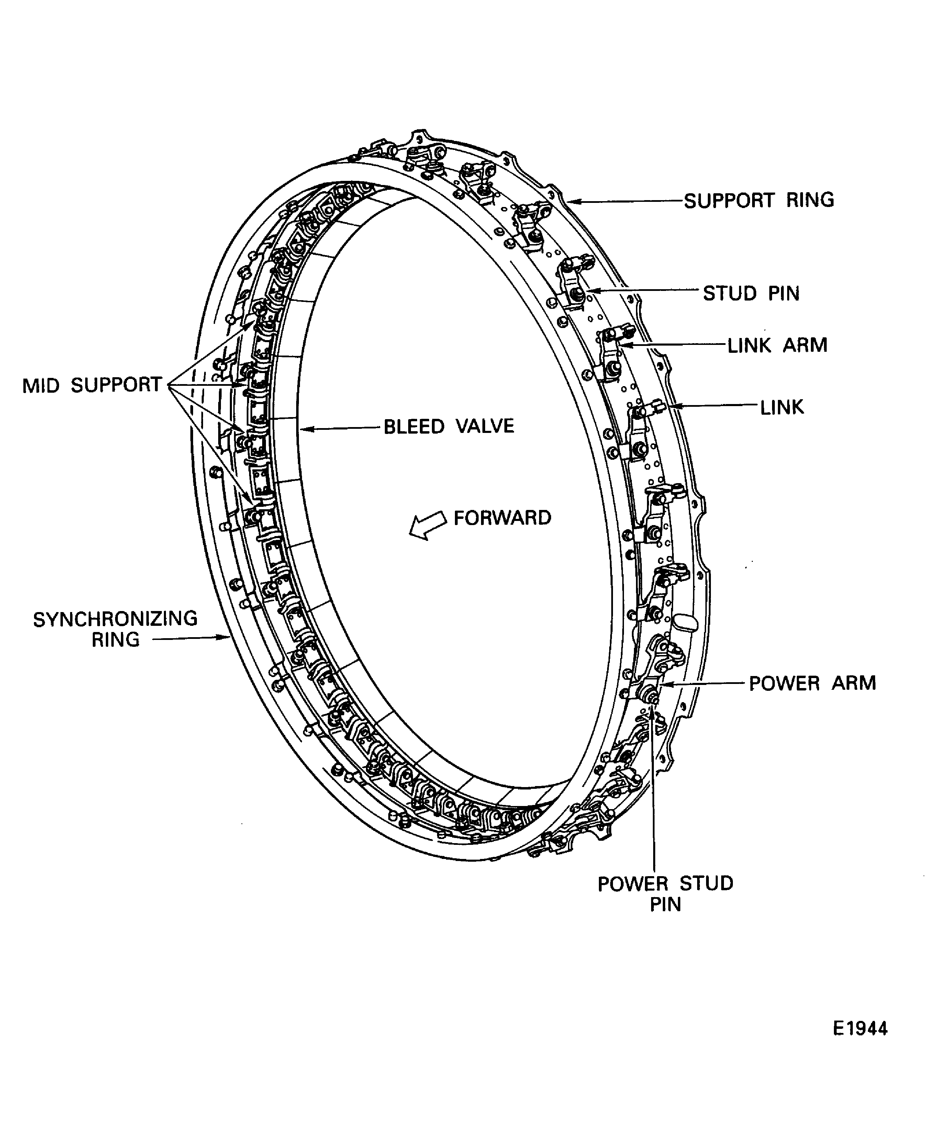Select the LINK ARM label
click(x=777, y=345)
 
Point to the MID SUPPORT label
click(x=92, y=385)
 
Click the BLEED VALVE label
click(x=448, y=426)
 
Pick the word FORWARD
click(x=502, y=518)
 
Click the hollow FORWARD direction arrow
click(x=427, y=525)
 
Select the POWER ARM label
click(x=812, y=683)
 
